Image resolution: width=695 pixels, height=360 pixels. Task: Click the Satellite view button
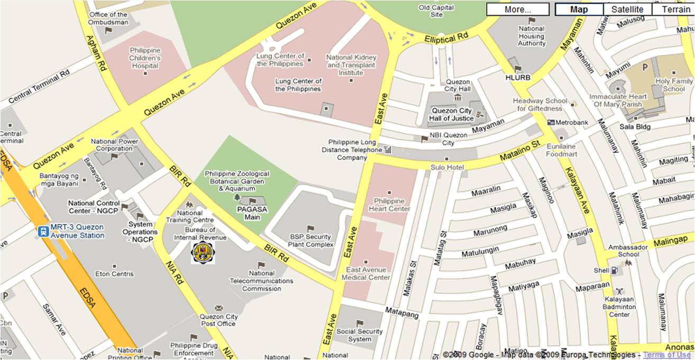[x=627, y=10]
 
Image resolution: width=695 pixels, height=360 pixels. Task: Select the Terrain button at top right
[x=673, y=10]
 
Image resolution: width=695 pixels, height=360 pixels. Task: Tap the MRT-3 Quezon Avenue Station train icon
[x=43, y=231]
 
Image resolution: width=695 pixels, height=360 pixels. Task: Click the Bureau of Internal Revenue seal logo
[x=203, y=252]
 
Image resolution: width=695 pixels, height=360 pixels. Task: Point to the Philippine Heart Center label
[x=389, y=205]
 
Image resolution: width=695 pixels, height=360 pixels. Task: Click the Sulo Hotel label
[x=447, y=168]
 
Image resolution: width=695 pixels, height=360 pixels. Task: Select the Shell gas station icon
[x=614, y=270]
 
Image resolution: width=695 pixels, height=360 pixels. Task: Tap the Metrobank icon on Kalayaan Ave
[x=551, y=123]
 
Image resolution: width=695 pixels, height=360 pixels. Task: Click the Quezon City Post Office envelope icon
[x=218, y=308]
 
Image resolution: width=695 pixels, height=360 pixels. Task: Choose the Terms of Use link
[x=667, y=355]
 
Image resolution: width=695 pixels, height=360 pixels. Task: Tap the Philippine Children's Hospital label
[x=145, y=58]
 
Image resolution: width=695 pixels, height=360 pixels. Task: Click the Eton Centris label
[x=115, y=274]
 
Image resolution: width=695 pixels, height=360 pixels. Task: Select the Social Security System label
[x=360, y=335]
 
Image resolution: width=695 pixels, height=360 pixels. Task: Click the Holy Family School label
[x=674, y=85]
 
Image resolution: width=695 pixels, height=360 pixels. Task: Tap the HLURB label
[x=518, y=77]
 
